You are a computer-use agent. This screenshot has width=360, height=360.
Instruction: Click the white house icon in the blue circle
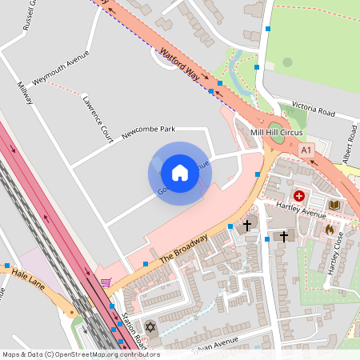tap(179, 173)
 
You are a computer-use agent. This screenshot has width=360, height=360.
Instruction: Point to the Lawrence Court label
tap(97, 119)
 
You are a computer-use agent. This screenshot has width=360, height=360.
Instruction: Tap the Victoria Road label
tap(314, 108)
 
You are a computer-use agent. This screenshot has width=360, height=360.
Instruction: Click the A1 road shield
tap(306, 150)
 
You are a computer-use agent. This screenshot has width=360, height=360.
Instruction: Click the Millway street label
tap(25, 94)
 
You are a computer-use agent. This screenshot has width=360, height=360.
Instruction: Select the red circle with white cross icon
tap(299, 195)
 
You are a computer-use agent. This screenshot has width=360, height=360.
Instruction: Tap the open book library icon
tap(334, 206)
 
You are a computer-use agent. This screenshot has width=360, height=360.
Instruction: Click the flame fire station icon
tap(328, 229)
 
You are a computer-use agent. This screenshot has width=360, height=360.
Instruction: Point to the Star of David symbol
tap(150, 327)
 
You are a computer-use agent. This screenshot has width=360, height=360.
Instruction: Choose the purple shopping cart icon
tap(106, 282)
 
